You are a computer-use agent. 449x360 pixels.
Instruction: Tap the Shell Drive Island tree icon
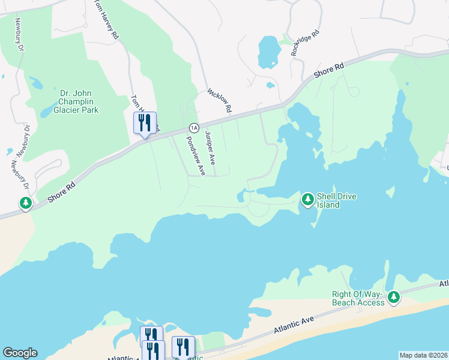[x=308, y=199]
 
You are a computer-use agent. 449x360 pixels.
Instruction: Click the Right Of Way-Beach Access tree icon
[x=394, y=296]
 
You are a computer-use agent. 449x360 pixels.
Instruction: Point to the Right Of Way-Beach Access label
[x=358, y=298]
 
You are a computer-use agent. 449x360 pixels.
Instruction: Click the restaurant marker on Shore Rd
[x=145, y=124]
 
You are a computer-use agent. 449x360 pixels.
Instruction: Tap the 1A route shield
[x=193, y=128]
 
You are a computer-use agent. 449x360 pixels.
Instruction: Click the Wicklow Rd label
[x=219, y=101]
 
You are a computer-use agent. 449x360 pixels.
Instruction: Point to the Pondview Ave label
[x=196, y=155]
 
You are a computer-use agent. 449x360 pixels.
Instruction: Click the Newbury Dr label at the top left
[x=20, y=34]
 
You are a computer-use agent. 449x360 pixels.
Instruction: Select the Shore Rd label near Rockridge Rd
[x=330, y=70]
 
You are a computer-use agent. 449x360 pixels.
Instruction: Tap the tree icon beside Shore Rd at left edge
[x=26, y=204]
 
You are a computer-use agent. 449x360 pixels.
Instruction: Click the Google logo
[x=20, y=353]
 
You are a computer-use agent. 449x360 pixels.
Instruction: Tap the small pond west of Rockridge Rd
[x=268, y=52]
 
